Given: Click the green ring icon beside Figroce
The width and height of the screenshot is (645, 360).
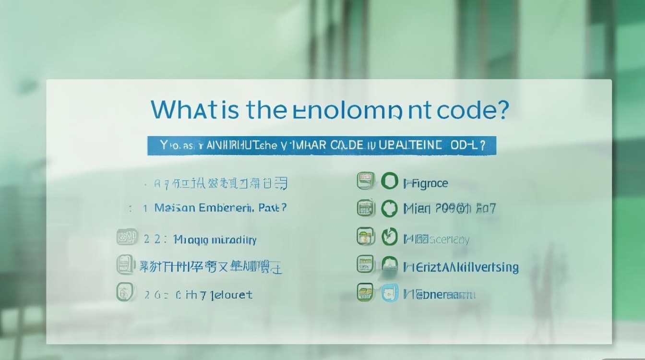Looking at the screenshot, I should [x=390, y=181].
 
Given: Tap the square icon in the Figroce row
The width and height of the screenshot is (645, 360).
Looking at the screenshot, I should [x=365, y=181].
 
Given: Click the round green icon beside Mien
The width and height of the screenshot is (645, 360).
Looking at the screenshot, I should [x=390, y=209].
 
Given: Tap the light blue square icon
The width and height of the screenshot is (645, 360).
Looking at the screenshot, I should [x=390, y=293].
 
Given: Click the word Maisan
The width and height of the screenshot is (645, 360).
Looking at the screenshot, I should [x=175, y=208].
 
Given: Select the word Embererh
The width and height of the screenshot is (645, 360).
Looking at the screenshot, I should [x=226, y=208].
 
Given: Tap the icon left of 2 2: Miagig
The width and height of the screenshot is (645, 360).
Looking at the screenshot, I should [x=127, y=238].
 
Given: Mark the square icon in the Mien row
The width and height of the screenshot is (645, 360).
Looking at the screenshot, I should [x=365, y=208].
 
